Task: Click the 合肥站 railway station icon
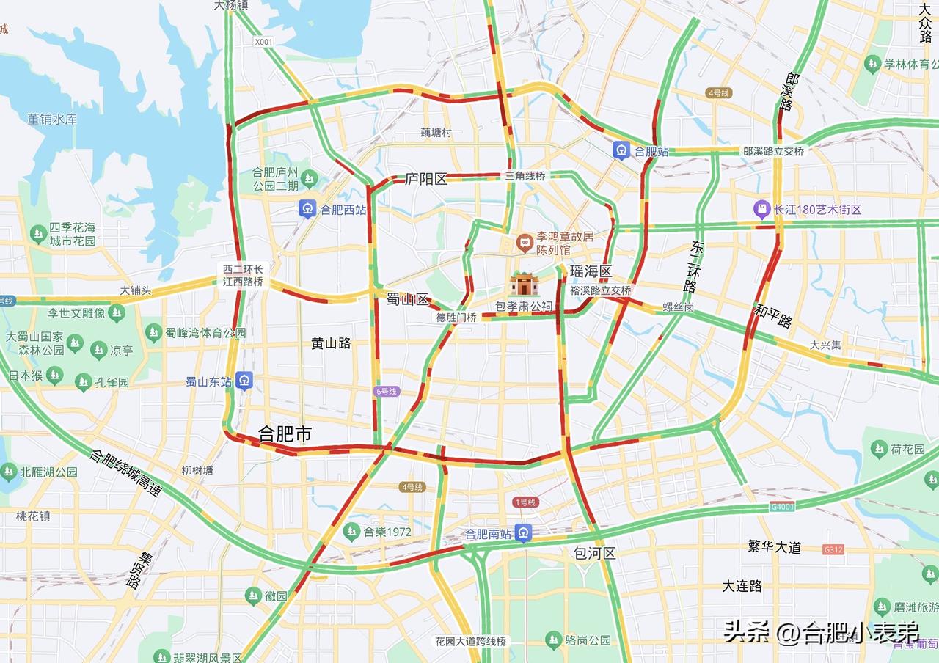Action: coord(621,151)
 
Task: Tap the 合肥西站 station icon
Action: coord(307,209)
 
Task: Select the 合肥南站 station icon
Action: coord(523,533)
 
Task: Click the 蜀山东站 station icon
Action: coord(244,381)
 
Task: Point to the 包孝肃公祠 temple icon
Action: coord(524,284)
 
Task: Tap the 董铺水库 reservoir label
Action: coord(52,119)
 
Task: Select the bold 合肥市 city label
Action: coord(285,434)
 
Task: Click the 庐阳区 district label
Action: coord(426,179)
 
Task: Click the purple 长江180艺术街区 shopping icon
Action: coord(763,210)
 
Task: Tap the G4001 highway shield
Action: coord(782,507)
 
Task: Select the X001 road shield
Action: coord(263,42)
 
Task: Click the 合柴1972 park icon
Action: coord(353,532)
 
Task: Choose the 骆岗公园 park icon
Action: coord(554,640)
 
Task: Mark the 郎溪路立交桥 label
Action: coord(773,151)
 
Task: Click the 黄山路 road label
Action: coord(331,343)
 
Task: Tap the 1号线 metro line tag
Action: coord(525,502)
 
